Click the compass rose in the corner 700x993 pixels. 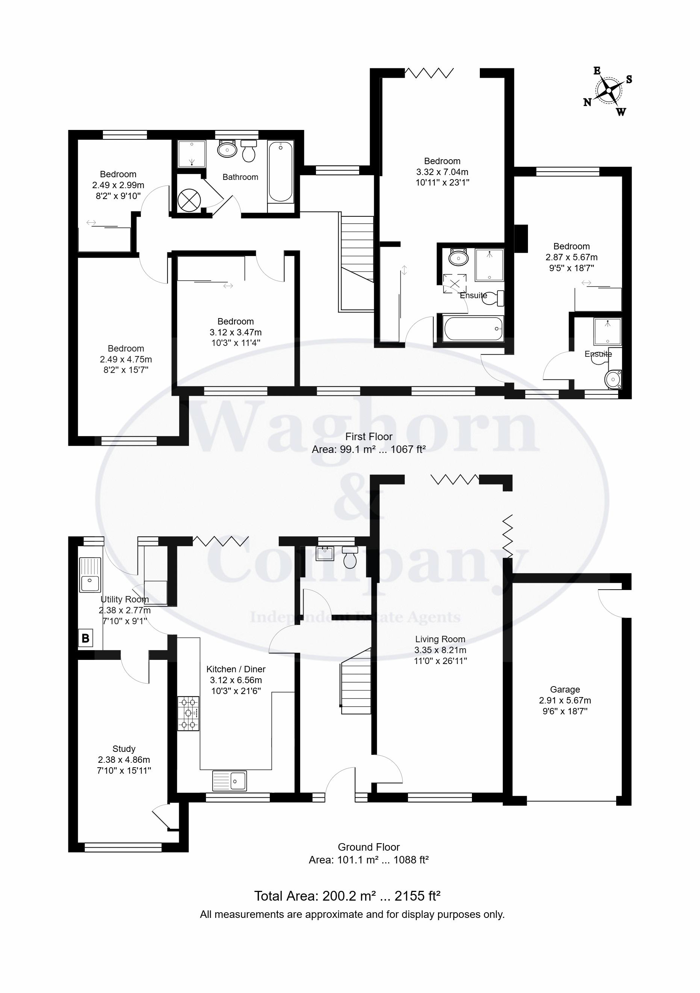click(608, 91)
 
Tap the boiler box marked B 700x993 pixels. click(86, 638)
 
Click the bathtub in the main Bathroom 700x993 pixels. click(280, 172)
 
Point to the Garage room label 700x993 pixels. click(565, 690)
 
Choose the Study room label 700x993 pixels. click(124, 749)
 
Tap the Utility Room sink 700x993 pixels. click(89, 574)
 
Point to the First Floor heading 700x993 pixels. click(369, 436)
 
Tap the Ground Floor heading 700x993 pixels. click(369, 847)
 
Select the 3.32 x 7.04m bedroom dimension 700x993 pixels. click(442, 172)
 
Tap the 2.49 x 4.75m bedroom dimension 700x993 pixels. click(125, 359)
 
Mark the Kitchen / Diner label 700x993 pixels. click(236, 669)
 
